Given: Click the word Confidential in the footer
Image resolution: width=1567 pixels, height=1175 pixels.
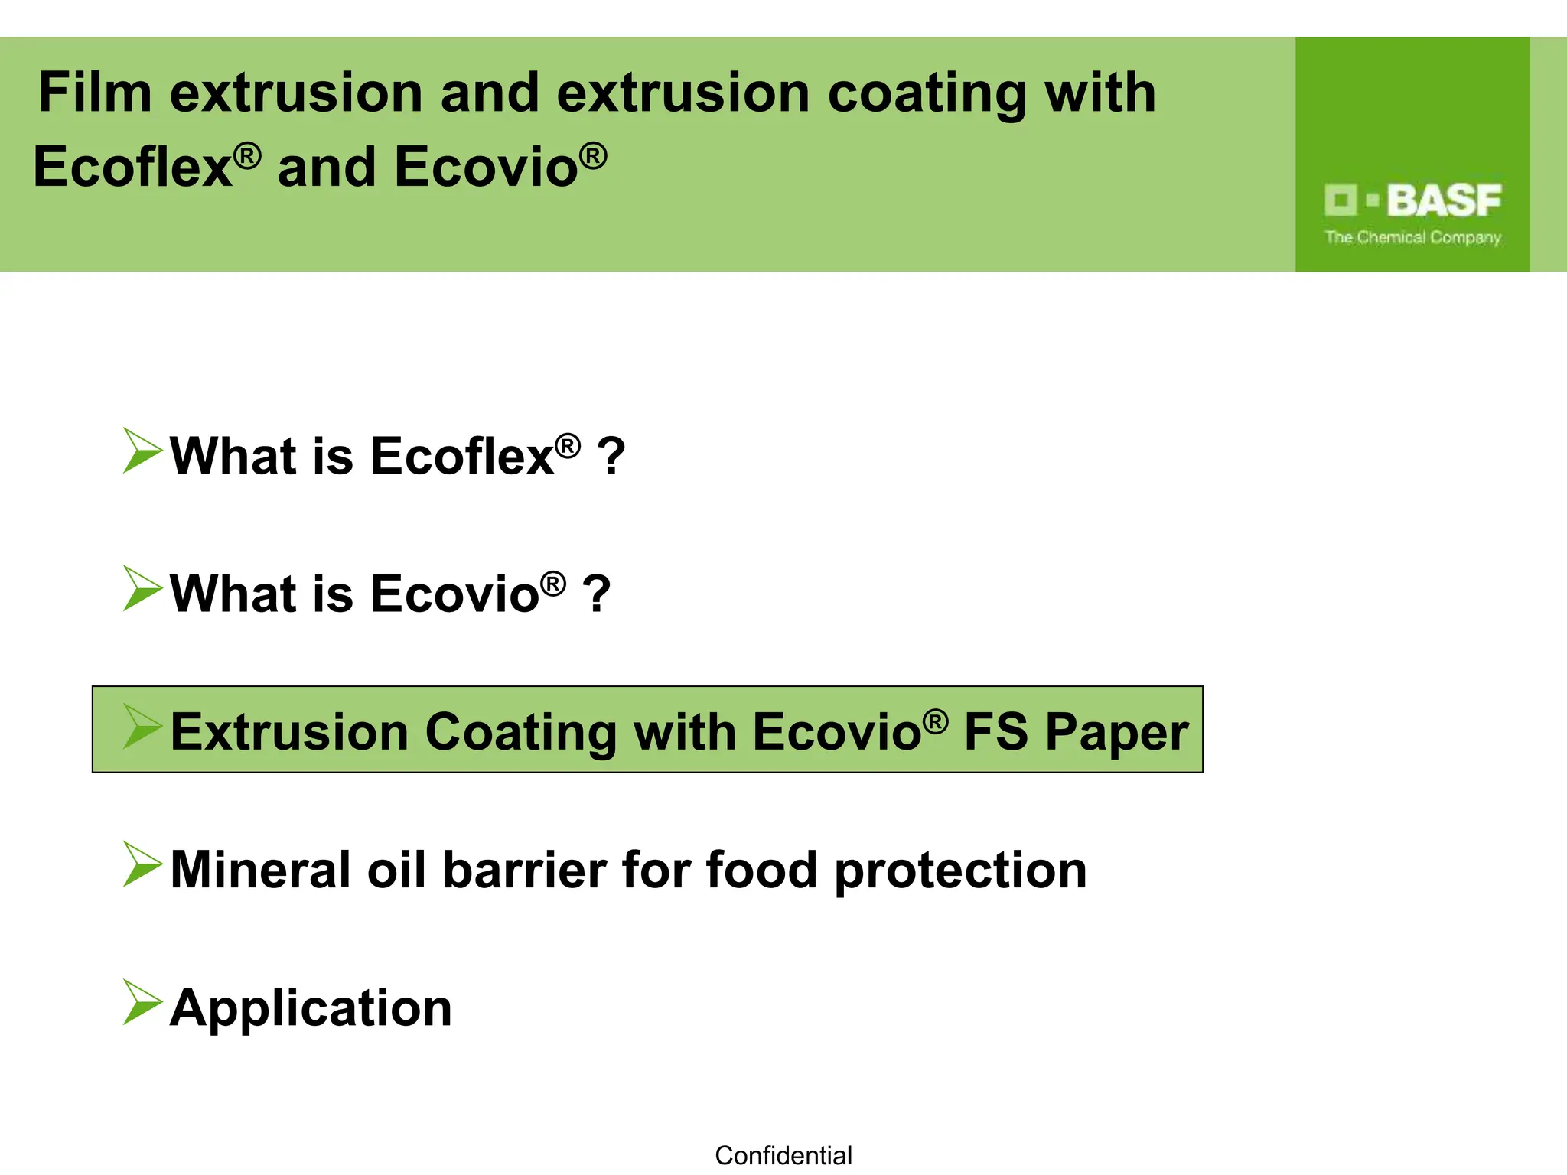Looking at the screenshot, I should click(x=783, y=1155).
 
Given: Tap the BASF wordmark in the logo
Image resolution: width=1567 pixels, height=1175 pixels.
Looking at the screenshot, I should click(x=1444, y=200).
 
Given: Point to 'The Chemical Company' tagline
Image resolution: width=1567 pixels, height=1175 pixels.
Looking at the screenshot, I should click(x=1413, y=238).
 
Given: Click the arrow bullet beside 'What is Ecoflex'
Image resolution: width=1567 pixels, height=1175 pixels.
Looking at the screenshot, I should click(x=142, y=451).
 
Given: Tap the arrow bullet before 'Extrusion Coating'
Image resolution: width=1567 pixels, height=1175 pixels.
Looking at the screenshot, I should click(x=142, y=727).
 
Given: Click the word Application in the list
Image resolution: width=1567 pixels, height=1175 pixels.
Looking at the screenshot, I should click(x=311, y=1009).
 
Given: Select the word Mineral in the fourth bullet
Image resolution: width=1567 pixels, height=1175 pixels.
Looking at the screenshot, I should click(x=260, y=871).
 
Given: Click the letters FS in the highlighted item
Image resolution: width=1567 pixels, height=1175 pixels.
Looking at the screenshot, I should click(x=995, y=732).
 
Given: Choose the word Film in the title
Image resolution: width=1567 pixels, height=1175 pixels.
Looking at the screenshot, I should click(x=95, y=93).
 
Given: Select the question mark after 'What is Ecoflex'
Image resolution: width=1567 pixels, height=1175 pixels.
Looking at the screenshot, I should click(x=611, y=457).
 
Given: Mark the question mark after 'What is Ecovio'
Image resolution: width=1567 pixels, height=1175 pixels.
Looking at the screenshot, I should click(x=596, y=594).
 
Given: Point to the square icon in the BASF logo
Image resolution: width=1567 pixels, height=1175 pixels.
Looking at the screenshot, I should click(x=1341, y=200).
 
